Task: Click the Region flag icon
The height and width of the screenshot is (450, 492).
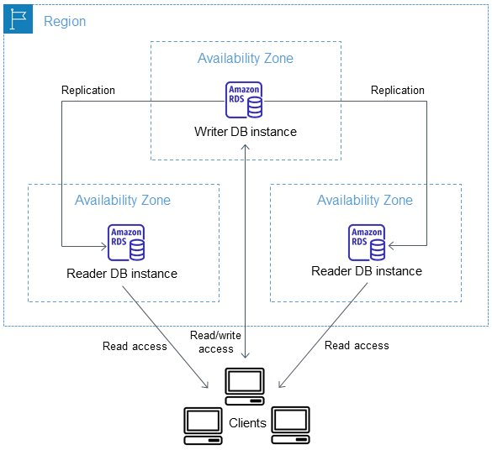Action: (x=18, y=18)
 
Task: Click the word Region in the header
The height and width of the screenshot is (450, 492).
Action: (x=65, y=22)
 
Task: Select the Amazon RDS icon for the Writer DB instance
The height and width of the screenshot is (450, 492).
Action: (x=244, y=100)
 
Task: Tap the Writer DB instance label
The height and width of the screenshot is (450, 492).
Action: (x=246, y=132)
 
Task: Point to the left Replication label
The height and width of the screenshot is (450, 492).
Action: (x=88, y=90)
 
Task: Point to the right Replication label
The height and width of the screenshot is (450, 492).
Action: (x=398, y=90)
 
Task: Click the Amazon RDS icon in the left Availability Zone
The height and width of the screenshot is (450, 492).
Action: (x=126, y=243)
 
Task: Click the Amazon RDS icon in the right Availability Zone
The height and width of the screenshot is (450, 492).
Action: (x=367, y=243)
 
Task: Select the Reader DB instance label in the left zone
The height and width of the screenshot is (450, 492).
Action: (x=122, y=274)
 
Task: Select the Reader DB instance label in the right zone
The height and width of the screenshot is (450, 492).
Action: (x=367, y=271)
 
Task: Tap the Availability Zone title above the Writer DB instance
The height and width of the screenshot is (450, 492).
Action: (x=246, y=58)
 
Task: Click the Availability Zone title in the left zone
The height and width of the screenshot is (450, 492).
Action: (x=123, y=200)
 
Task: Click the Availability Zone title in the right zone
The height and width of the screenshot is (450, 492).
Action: (x=365, y=200)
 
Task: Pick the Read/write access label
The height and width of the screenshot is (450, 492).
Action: (x=216, y=342)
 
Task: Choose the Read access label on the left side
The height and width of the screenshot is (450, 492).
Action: (x=135, y=346)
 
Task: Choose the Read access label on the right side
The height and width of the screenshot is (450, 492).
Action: (x=357, y=345)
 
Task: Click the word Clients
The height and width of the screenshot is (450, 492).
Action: (x=247, y=423)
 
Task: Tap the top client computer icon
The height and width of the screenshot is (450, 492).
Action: (x=245, y=386)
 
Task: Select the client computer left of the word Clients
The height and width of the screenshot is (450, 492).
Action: (x=203, y=426)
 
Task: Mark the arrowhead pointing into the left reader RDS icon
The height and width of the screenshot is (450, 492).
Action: (x=106, y=246)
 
